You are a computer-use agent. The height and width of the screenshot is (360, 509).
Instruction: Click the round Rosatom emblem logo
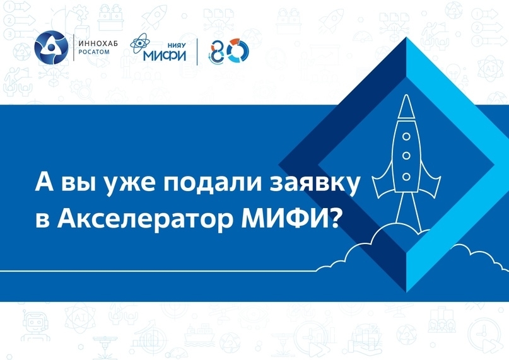(x=51, y=47)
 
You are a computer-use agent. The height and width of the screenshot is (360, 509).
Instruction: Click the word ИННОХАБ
(x=98, y=44)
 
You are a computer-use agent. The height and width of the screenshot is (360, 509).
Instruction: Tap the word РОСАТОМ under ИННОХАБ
(x=94, y=52)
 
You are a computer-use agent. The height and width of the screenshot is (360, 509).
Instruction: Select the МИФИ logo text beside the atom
(x=165, y=55)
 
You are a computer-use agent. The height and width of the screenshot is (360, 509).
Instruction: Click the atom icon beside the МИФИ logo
(x=140, y=43)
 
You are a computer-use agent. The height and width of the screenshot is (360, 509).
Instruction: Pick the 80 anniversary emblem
(x=230, y=51)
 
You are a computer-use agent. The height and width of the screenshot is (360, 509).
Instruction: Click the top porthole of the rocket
(x=406, y=136)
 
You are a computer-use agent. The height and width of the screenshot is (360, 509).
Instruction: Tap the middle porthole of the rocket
(x=406, y=156)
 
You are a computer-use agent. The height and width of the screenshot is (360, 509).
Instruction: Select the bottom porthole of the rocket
(x=406, y=177)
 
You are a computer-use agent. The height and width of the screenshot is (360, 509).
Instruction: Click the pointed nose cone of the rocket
(x=406, y=106)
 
